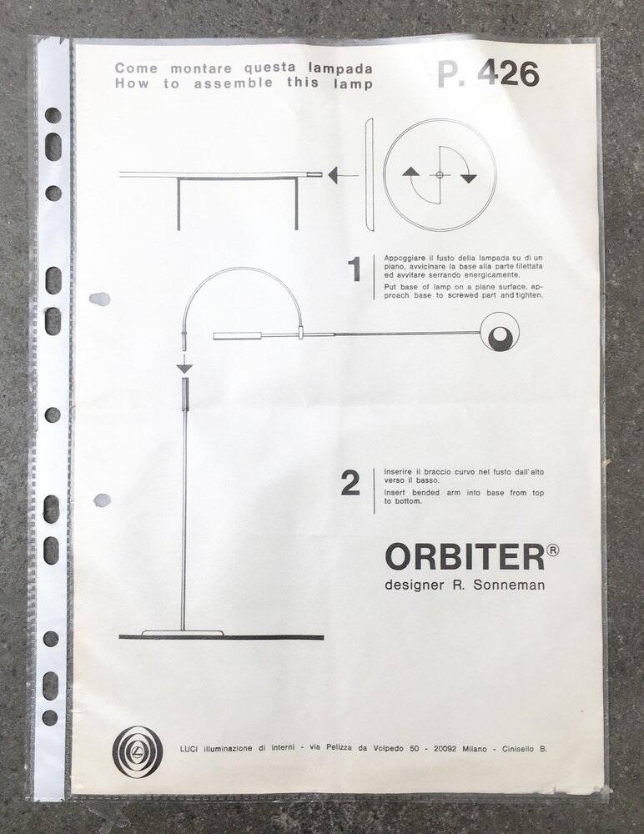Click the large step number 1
pos(354,270)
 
